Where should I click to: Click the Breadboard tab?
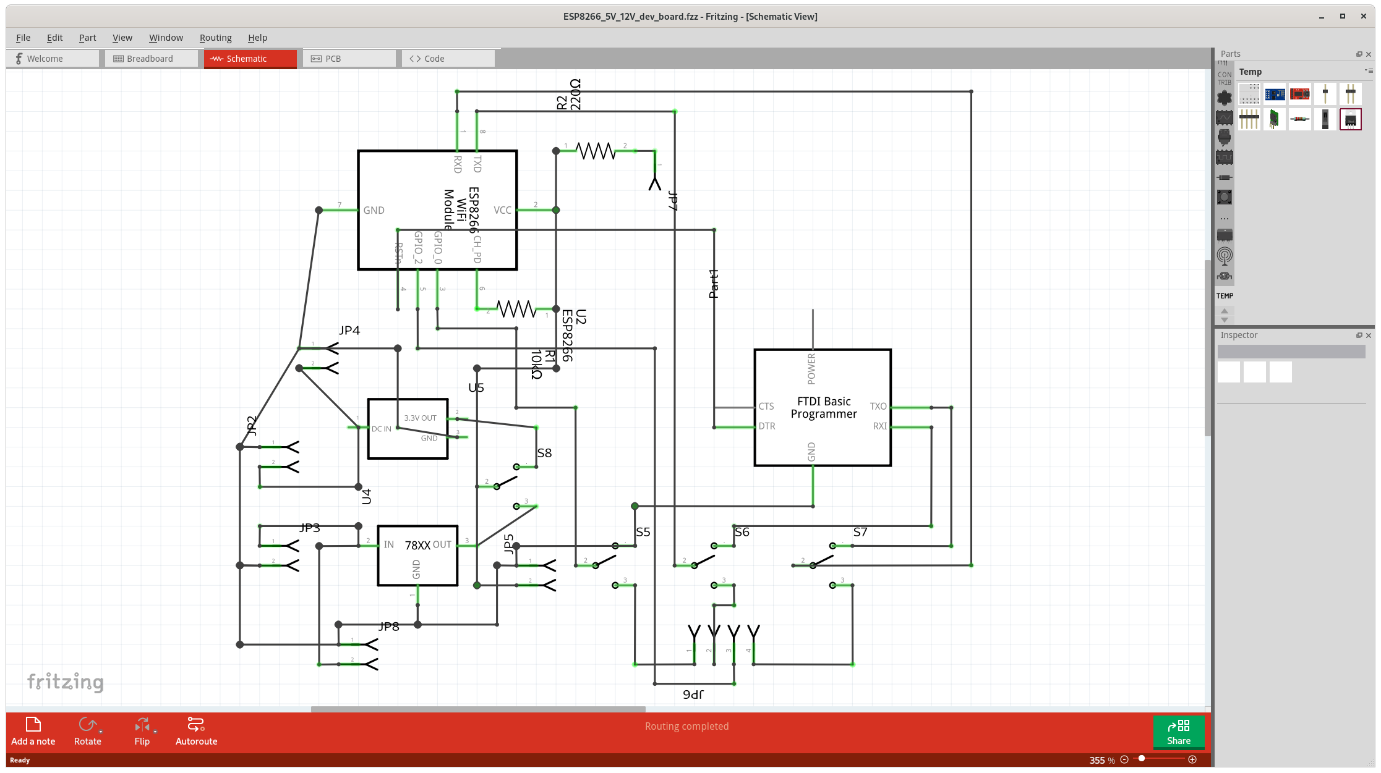150,59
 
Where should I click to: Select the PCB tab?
333,59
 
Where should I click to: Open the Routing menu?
215,38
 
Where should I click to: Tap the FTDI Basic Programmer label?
823,408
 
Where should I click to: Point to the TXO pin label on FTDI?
878,407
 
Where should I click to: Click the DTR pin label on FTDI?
767,426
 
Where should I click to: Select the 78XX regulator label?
417,546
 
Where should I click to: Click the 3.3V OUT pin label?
420,418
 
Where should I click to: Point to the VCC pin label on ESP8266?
502,211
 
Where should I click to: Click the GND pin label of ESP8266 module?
374,211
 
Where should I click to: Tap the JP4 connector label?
349,331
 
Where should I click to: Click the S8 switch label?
544,453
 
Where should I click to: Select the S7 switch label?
860,532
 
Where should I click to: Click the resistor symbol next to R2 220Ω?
596,151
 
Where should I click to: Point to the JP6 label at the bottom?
693,695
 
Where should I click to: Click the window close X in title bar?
1363,17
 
